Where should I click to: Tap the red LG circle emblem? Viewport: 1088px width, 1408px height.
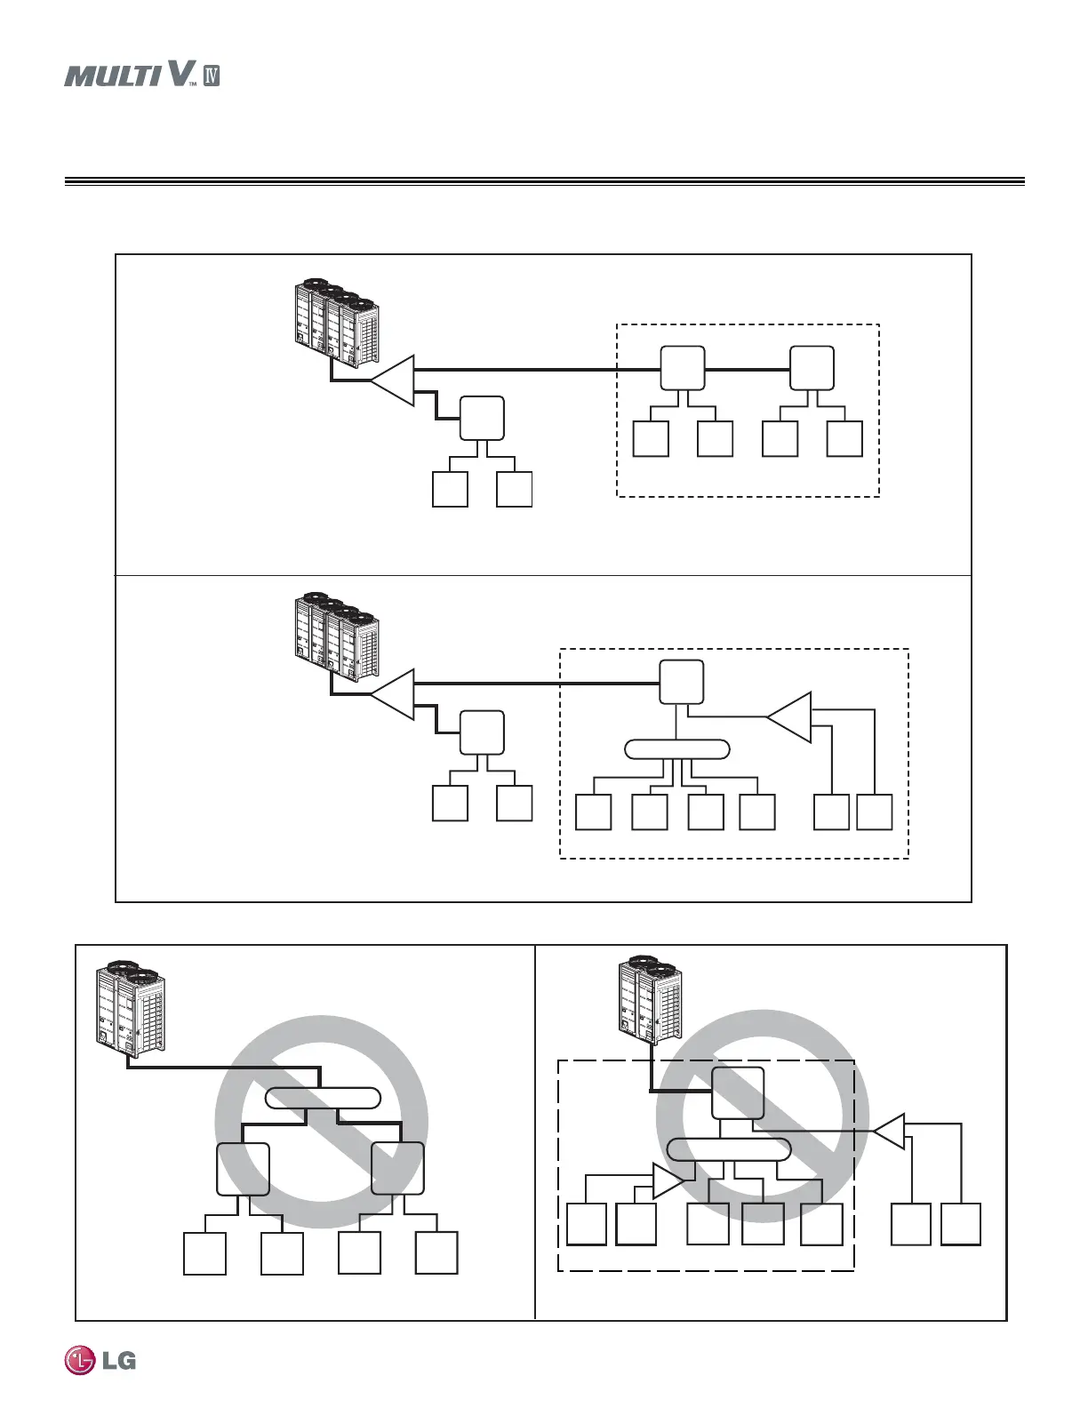79,1361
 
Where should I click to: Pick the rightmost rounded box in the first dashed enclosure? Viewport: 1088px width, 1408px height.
812,368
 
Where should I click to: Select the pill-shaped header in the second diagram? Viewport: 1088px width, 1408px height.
677,749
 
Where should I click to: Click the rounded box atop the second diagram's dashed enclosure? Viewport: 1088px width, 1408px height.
682,683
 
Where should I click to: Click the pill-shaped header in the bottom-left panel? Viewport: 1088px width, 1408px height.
324,1098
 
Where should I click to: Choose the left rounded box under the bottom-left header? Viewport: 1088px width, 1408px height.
243,1169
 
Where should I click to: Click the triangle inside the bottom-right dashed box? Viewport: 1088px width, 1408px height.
668,1180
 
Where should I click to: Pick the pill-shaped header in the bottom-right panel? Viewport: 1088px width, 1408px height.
729,1148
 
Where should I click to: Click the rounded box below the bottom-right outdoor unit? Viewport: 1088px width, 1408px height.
738,1093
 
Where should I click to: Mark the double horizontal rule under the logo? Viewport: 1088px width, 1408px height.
544,181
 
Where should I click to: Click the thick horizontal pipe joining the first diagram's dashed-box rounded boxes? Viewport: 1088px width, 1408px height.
748,368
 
